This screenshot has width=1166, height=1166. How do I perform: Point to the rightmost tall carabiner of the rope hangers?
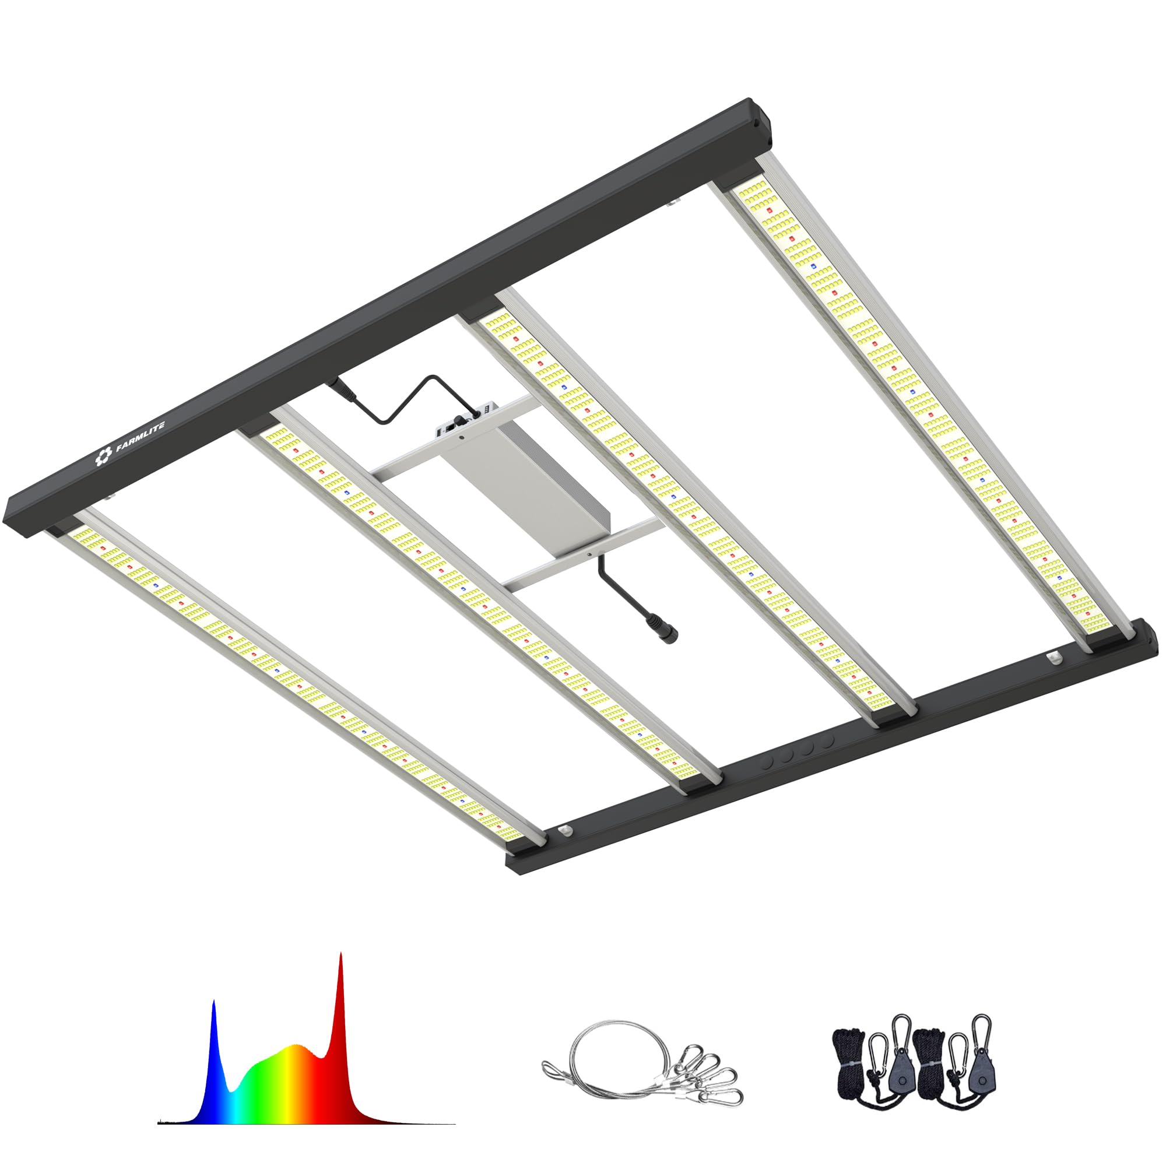tap(981, 1032)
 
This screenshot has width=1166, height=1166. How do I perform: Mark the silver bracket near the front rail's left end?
tap(565, 831)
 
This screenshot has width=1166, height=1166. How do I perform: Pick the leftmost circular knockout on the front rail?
tap(768, 762)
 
